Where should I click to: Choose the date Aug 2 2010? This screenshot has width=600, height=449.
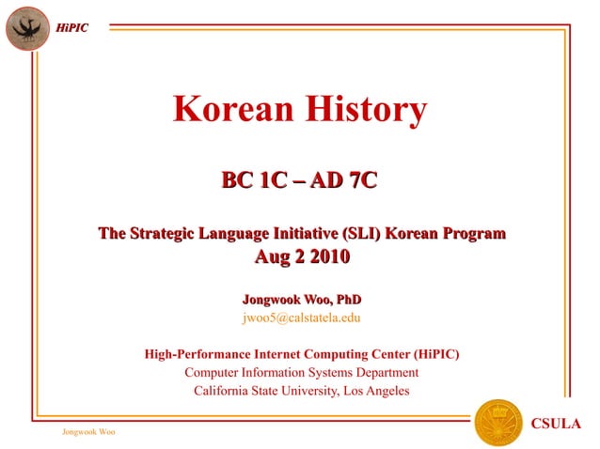(301, 256)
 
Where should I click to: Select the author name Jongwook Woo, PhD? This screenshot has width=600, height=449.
(301, 299)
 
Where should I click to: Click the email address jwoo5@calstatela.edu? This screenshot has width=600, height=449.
(301, 317)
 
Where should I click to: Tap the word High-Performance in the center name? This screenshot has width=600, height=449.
(197, 355)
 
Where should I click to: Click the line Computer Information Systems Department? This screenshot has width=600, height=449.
(301, 373)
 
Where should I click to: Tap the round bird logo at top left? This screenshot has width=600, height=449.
(26, 26)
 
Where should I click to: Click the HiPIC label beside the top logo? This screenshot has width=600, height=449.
(71, 27)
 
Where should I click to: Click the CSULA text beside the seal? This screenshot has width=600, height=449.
(557, 423)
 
